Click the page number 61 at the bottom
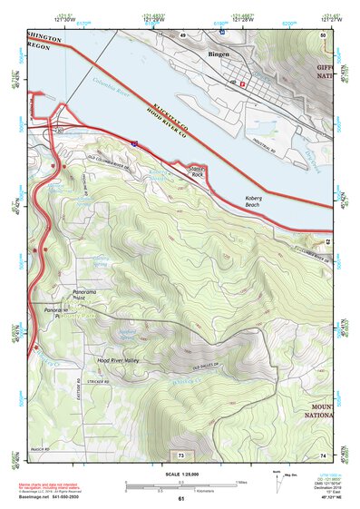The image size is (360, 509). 180,498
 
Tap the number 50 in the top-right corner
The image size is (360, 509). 323,34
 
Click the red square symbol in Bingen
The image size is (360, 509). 242,83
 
